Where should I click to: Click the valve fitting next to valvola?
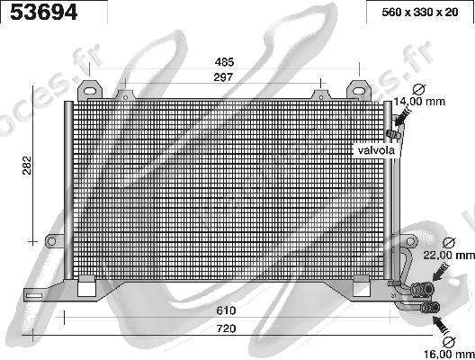click(390, 135)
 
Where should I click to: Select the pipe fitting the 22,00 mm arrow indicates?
click(423, 288)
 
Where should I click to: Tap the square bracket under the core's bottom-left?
click(87, 287)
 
